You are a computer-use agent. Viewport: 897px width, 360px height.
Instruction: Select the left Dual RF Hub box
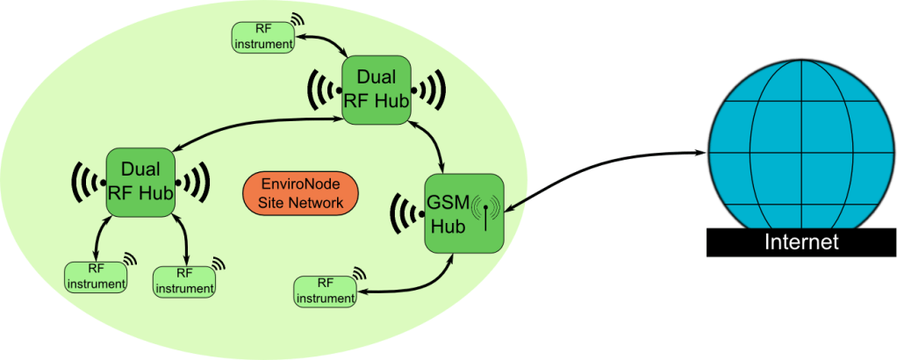pyautogui.click(x=140, y=182)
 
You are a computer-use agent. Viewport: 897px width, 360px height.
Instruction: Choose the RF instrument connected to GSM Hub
pyautogui.click(x=325, y=292)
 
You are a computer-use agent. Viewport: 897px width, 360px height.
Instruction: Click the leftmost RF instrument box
pyautogui.click(x=96, y=277)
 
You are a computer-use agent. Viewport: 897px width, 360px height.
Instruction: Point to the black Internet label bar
pyautogui.click(x=801, y=242)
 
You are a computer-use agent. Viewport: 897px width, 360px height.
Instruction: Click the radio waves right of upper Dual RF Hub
pyautogui.click(x=431, y=90)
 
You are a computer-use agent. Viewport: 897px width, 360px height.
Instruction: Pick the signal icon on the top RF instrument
pyautogui.click(x=297, y=19)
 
